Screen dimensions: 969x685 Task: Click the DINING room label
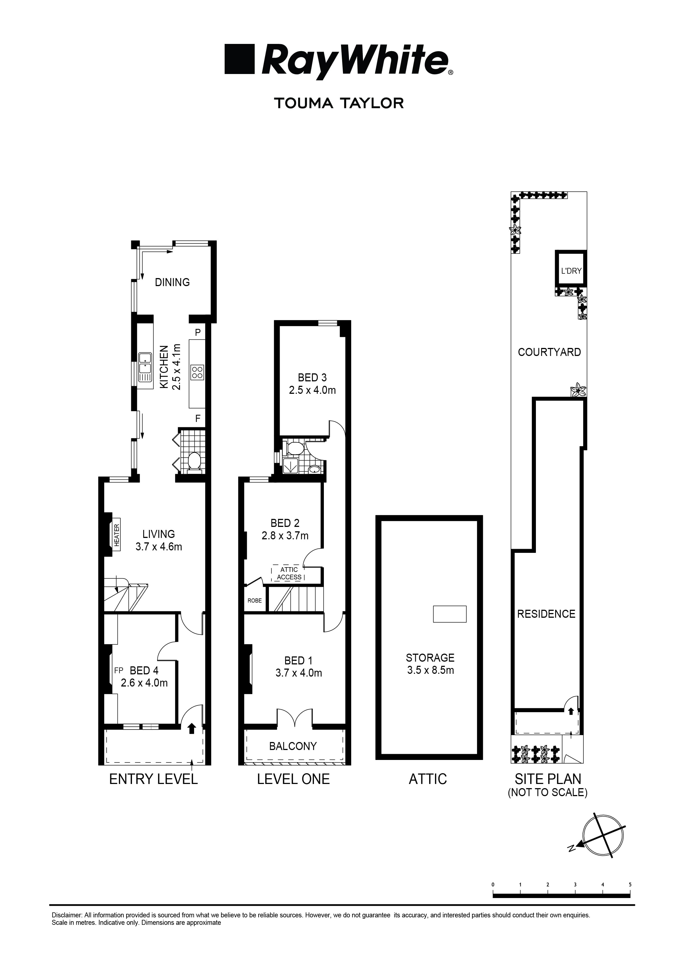tap(172, 282)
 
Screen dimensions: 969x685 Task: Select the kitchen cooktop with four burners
tap(197, 372)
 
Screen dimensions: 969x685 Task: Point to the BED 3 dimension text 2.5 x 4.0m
tap(312, 390)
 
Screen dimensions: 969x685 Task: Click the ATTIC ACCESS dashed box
tap(289, 573)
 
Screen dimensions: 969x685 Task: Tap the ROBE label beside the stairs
tap(255, 601)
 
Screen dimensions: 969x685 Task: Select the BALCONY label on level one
tap(293, 746)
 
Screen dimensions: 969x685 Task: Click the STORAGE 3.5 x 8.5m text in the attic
tap(430, 664)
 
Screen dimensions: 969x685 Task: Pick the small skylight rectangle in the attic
tap(449, 614)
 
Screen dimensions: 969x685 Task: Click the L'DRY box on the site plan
tap(571, 271)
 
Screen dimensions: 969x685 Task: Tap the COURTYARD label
tap(549, 352)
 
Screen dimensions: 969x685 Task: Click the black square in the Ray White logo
tap(240, 59)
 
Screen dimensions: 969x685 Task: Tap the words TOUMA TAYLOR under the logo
tap(339, 103)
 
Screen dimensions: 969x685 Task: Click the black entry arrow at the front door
tap(192, 728)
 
